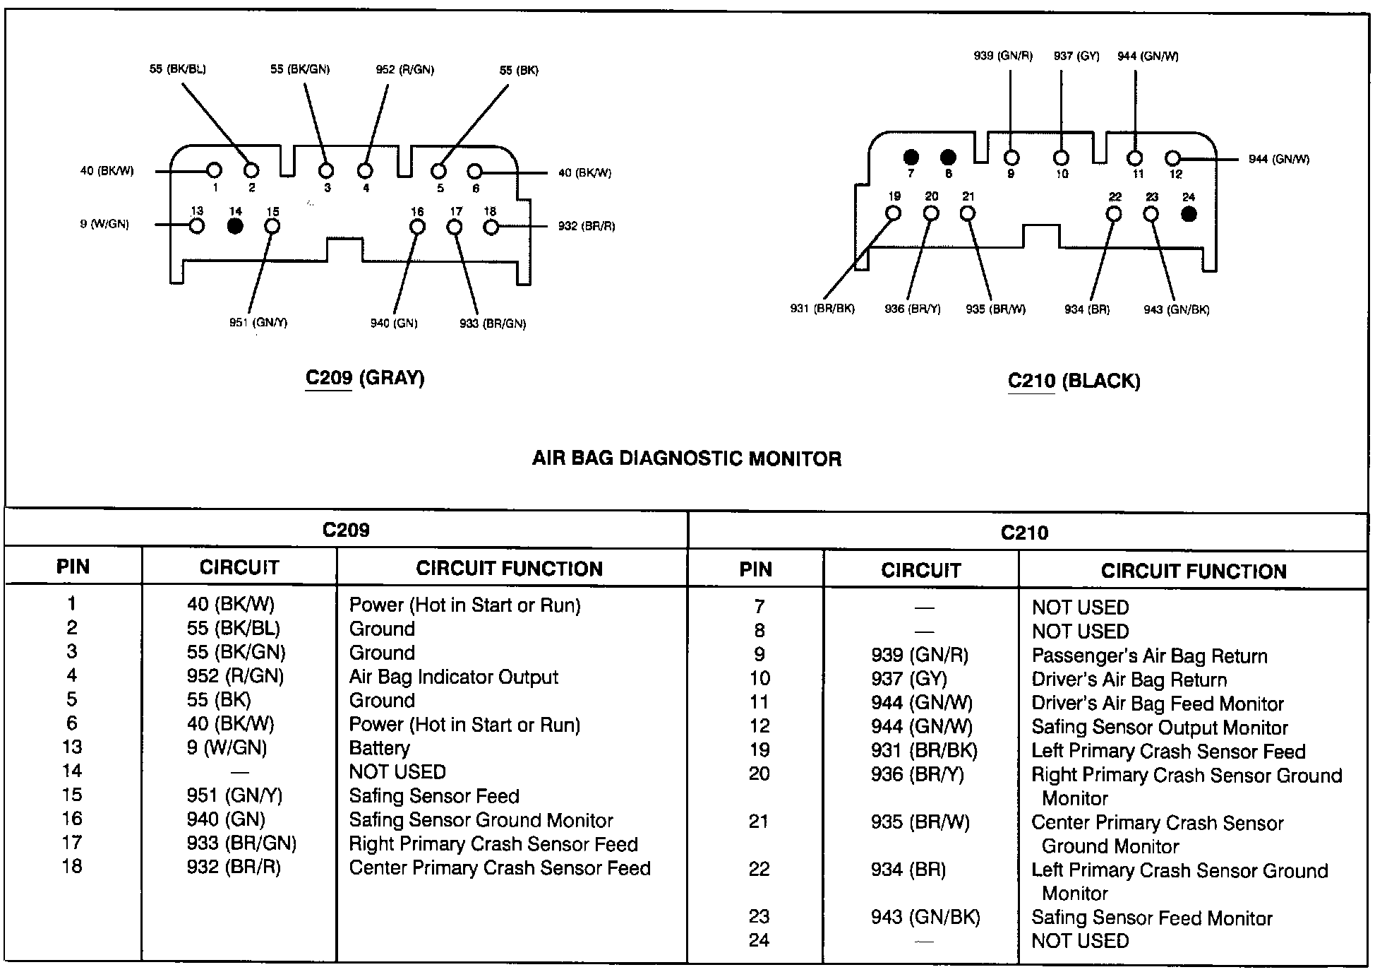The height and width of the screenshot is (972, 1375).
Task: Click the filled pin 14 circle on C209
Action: pos(235,225)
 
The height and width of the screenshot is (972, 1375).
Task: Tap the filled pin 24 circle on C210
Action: pos(1189,213)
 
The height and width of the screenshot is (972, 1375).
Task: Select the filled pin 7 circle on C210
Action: pos(911,157)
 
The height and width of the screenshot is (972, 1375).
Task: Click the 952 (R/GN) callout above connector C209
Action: pos(404,69)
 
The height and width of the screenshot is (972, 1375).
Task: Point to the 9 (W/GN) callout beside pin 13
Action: pos(104,225)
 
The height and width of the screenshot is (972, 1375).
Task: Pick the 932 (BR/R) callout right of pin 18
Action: pos(586,226)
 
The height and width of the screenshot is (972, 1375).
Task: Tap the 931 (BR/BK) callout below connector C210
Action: pos(822,309)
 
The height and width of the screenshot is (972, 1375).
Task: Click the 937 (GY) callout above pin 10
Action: pos(1076,56)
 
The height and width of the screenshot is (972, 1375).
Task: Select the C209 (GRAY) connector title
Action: pos(364,378)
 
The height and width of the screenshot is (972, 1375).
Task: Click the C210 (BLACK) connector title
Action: pos(1074,381)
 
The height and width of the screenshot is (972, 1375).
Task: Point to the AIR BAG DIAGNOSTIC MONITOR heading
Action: pos(686,459)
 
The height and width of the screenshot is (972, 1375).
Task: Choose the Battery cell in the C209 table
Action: pos(380,747)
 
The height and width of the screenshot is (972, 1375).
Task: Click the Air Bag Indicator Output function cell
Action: pos(453,677)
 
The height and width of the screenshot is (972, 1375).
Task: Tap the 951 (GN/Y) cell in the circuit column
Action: pos(234,795)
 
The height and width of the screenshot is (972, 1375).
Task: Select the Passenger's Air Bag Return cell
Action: pos(1149,656)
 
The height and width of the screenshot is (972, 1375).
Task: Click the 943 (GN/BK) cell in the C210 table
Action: pos(925,917)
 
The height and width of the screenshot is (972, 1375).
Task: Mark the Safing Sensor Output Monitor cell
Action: pos(1160,727)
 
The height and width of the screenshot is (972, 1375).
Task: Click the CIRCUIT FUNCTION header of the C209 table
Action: pos(509,569)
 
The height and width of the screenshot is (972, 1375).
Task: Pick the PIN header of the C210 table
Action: pos(755,570)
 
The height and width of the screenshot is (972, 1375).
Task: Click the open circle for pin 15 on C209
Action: pos(272,226)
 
